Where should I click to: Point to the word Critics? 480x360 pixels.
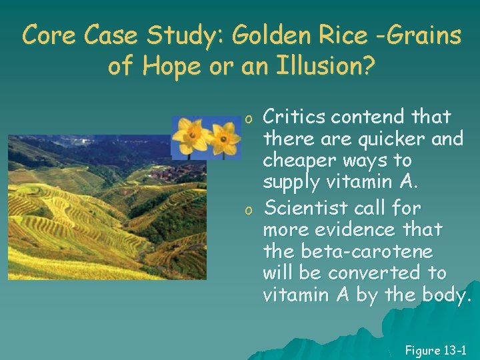tap(293, 117)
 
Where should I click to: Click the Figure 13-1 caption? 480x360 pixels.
tap(435, 350)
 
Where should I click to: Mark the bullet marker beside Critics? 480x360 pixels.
tap(247, 119)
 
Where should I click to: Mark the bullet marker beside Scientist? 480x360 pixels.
tap(247, 209)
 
